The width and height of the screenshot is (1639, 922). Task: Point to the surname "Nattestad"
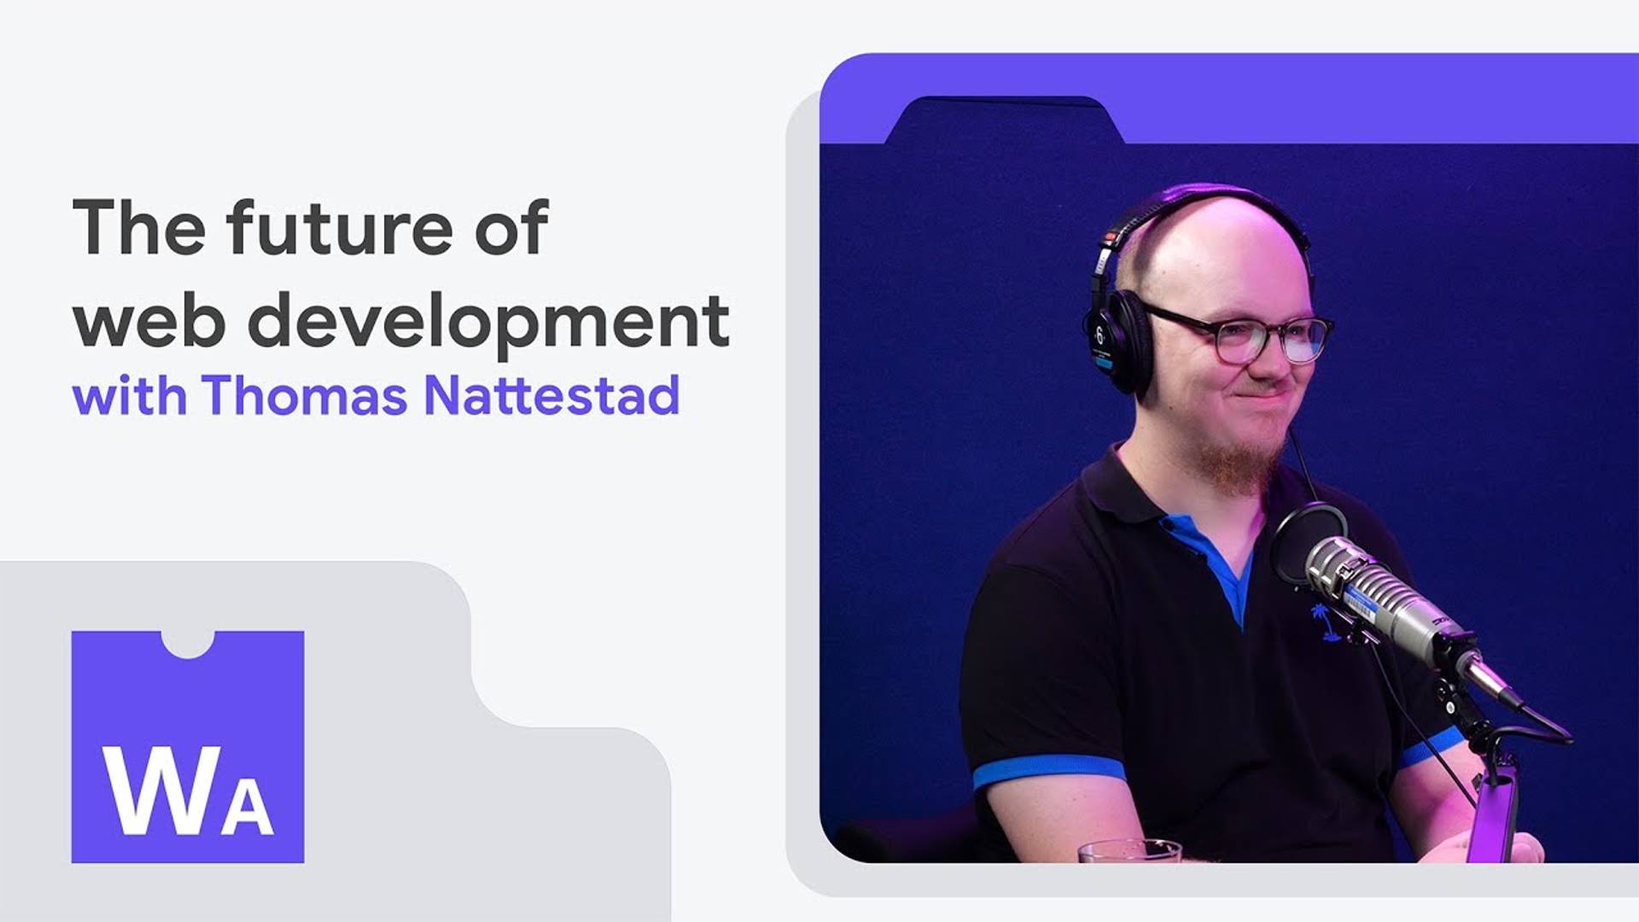pyautogui.click(x=551, y=396)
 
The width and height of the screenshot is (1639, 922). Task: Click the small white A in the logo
pyautogui.click(x=248, y=807)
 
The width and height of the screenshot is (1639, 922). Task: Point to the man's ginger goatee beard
pyautogui.click(x=1238, y=465)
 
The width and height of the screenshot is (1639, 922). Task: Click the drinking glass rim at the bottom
pyautogui.click(x=1129, y=846)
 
